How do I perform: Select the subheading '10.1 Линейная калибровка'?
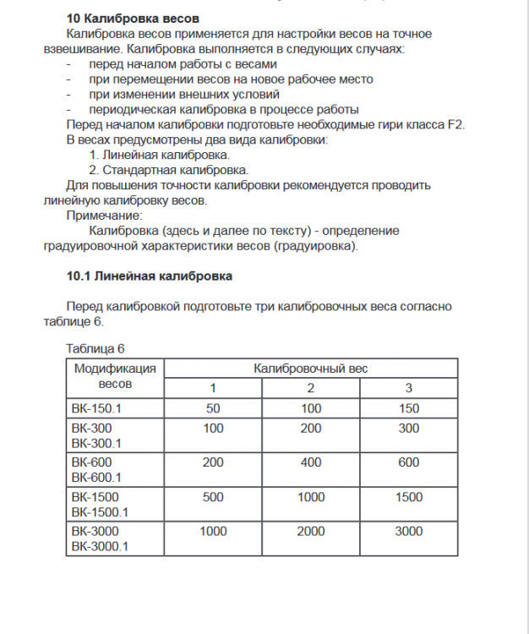(150, 276)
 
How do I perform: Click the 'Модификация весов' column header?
(115, 376)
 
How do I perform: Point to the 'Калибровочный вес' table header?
(311, 369)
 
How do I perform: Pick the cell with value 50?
(213, 408)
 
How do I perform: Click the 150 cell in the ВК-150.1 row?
(409, 408)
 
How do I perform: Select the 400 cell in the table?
(311, 462)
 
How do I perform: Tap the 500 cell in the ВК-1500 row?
(213, 497)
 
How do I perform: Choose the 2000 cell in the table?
(311, 532)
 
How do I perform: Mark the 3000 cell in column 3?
(409, 532)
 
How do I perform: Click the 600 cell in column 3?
(409, 462)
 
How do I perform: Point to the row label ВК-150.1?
(97, 408)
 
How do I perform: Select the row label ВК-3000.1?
(100, 546)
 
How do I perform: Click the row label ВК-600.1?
(97, 477)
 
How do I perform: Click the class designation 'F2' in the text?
(455, 124)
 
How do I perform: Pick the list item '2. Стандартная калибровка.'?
(156, 170)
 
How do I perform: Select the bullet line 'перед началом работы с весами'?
(183, 63)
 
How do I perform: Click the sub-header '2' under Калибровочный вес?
(311, 388)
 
